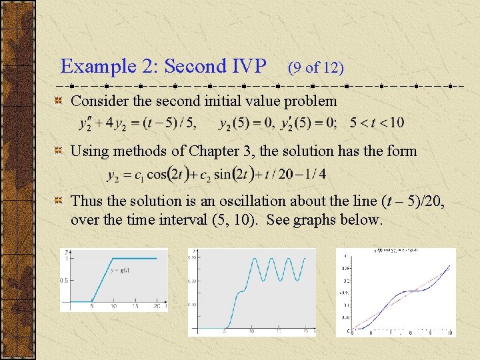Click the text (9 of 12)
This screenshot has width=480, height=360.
pos(315,68)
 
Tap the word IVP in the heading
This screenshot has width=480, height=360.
pos(249,67)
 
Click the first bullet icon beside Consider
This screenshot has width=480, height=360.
pos(59,101)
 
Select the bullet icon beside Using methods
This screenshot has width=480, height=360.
pos(59,151)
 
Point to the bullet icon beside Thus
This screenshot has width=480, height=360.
pos(59,201)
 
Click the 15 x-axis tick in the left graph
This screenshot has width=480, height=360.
pos(135,307)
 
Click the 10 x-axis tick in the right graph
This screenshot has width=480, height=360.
pos(450,333)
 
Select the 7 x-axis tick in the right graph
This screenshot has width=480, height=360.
pos(390,333)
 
